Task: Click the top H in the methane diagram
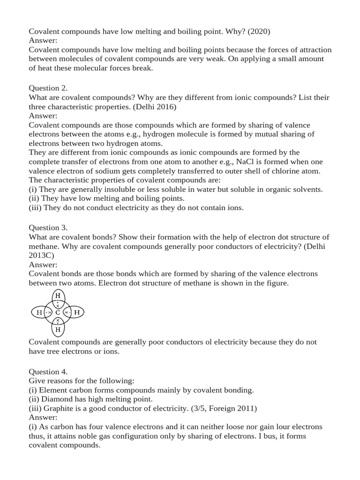[x=58, y=296]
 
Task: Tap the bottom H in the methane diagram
[x=58, y=330]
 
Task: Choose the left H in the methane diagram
[x=39, y=312]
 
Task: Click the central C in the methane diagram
[x=58, y=312]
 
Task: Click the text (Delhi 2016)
[x=156, y=106]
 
